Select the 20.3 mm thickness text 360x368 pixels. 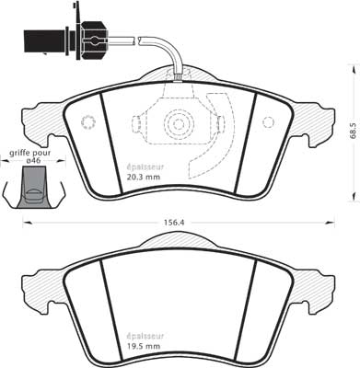tap(144, 177)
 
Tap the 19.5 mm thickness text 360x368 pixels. tap(144, 346)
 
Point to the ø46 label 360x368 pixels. tap(34, 160)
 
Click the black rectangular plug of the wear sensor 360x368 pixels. tap(45, 41)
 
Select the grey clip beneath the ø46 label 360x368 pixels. tap(34, 187)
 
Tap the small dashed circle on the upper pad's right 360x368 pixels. tap(268, 122)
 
